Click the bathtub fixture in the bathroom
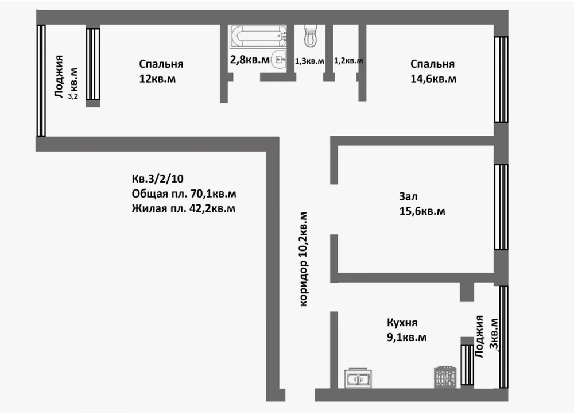258,36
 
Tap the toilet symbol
311,36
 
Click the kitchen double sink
358,378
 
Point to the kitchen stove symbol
445,377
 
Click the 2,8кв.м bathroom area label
250,59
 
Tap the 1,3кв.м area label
309,61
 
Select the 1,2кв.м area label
348,61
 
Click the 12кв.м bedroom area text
157,79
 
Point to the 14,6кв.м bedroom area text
433,79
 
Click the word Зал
408,196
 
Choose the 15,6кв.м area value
422,211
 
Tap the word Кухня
402,323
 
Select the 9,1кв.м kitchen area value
406,337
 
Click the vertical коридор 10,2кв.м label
304,259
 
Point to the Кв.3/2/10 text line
157,179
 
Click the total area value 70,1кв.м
214,194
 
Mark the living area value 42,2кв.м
212,208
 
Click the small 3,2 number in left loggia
73,97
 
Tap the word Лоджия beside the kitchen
479,336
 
